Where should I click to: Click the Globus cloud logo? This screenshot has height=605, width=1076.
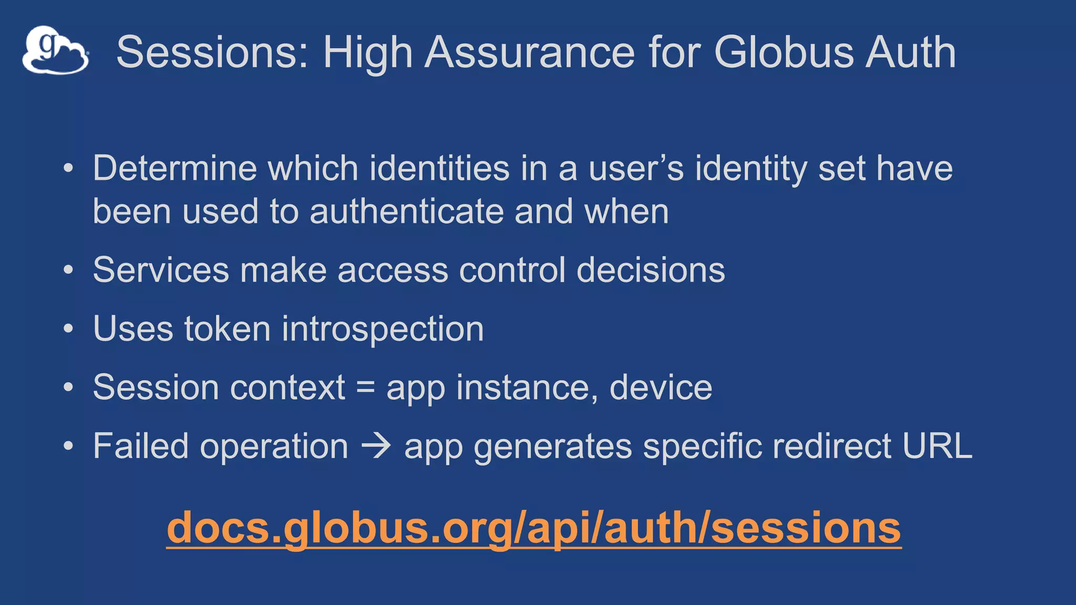55,50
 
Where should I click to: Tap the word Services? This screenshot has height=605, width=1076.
161,270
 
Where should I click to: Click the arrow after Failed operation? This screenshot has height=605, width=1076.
376,446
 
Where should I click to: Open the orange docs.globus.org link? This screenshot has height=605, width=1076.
534,528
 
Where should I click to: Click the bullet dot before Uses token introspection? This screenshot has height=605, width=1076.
68,329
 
